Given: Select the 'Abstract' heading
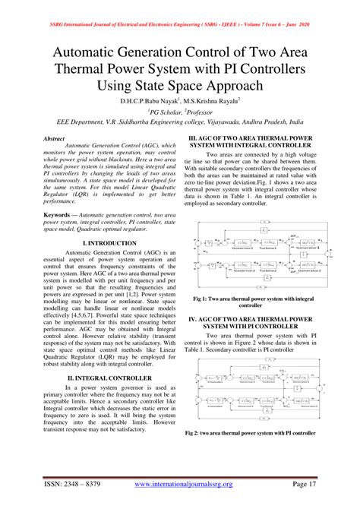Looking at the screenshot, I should pyautogui.click(x=54, y=140).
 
